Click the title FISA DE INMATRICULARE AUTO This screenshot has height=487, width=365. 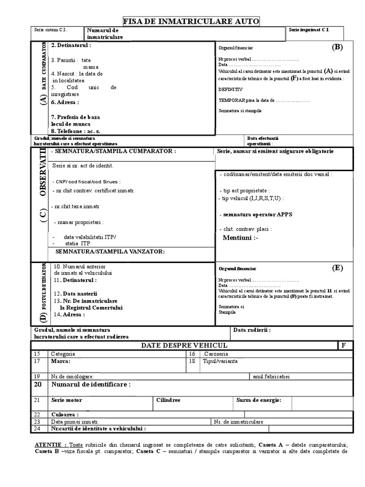click(192, 21)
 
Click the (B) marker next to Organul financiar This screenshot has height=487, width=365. click(337, 47)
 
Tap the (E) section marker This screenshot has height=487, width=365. click(337, 268)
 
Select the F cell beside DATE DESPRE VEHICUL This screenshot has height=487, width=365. click(344, 345)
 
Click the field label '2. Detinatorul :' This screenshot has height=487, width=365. click(71, 45)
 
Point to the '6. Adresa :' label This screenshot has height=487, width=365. click(65, 102)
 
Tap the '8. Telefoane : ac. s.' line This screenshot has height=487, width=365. click(76, 131)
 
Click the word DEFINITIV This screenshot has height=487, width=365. click(231, 89)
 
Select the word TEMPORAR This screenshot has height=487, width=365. click(232, 101)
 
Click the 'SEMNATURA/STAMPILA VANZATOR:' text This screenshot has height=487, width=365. click(110, 251)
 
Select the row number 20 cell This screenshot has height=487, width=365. click(37, 384)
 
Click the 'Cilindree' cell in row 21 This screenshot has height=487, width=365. click(168, 400)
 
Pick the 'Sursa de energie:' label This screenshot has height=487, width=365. click(259, 400)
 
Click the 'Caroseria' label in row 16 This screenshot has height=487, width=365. click(216, 354)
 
